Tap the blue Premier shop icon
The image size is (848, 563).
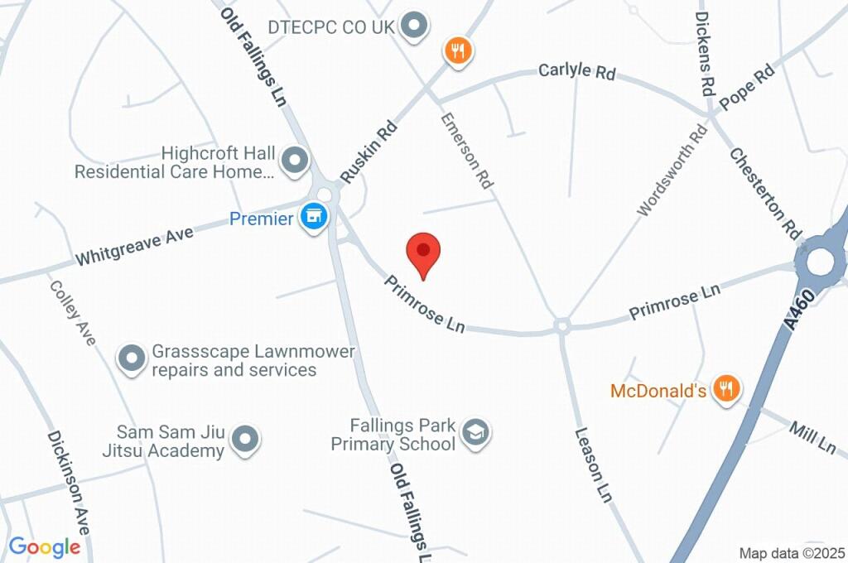[314, 218]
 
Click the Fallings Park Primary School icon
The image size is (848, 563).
[476, 432]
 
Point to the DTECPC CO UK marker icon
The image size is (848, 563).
[414, 26]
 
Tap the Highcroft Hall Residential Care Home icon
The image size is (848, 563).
[293, 161]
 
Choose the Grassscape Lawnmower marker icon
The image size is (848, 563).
[131, 359]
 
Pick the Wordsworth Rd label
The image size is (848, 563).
[672, 171]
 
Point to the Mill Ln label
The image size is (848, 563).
[812, 436]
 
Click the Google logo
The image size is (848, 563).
[45, 546]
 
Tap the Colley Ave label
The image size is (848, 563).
[72, 312]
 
